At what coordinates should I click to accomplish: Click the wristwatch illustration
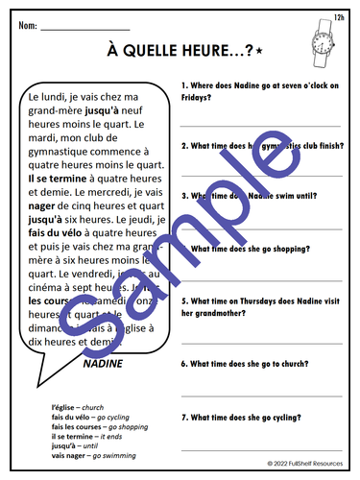[321, 41]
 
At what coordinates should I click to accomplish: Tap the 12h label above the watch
[339, 16]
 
